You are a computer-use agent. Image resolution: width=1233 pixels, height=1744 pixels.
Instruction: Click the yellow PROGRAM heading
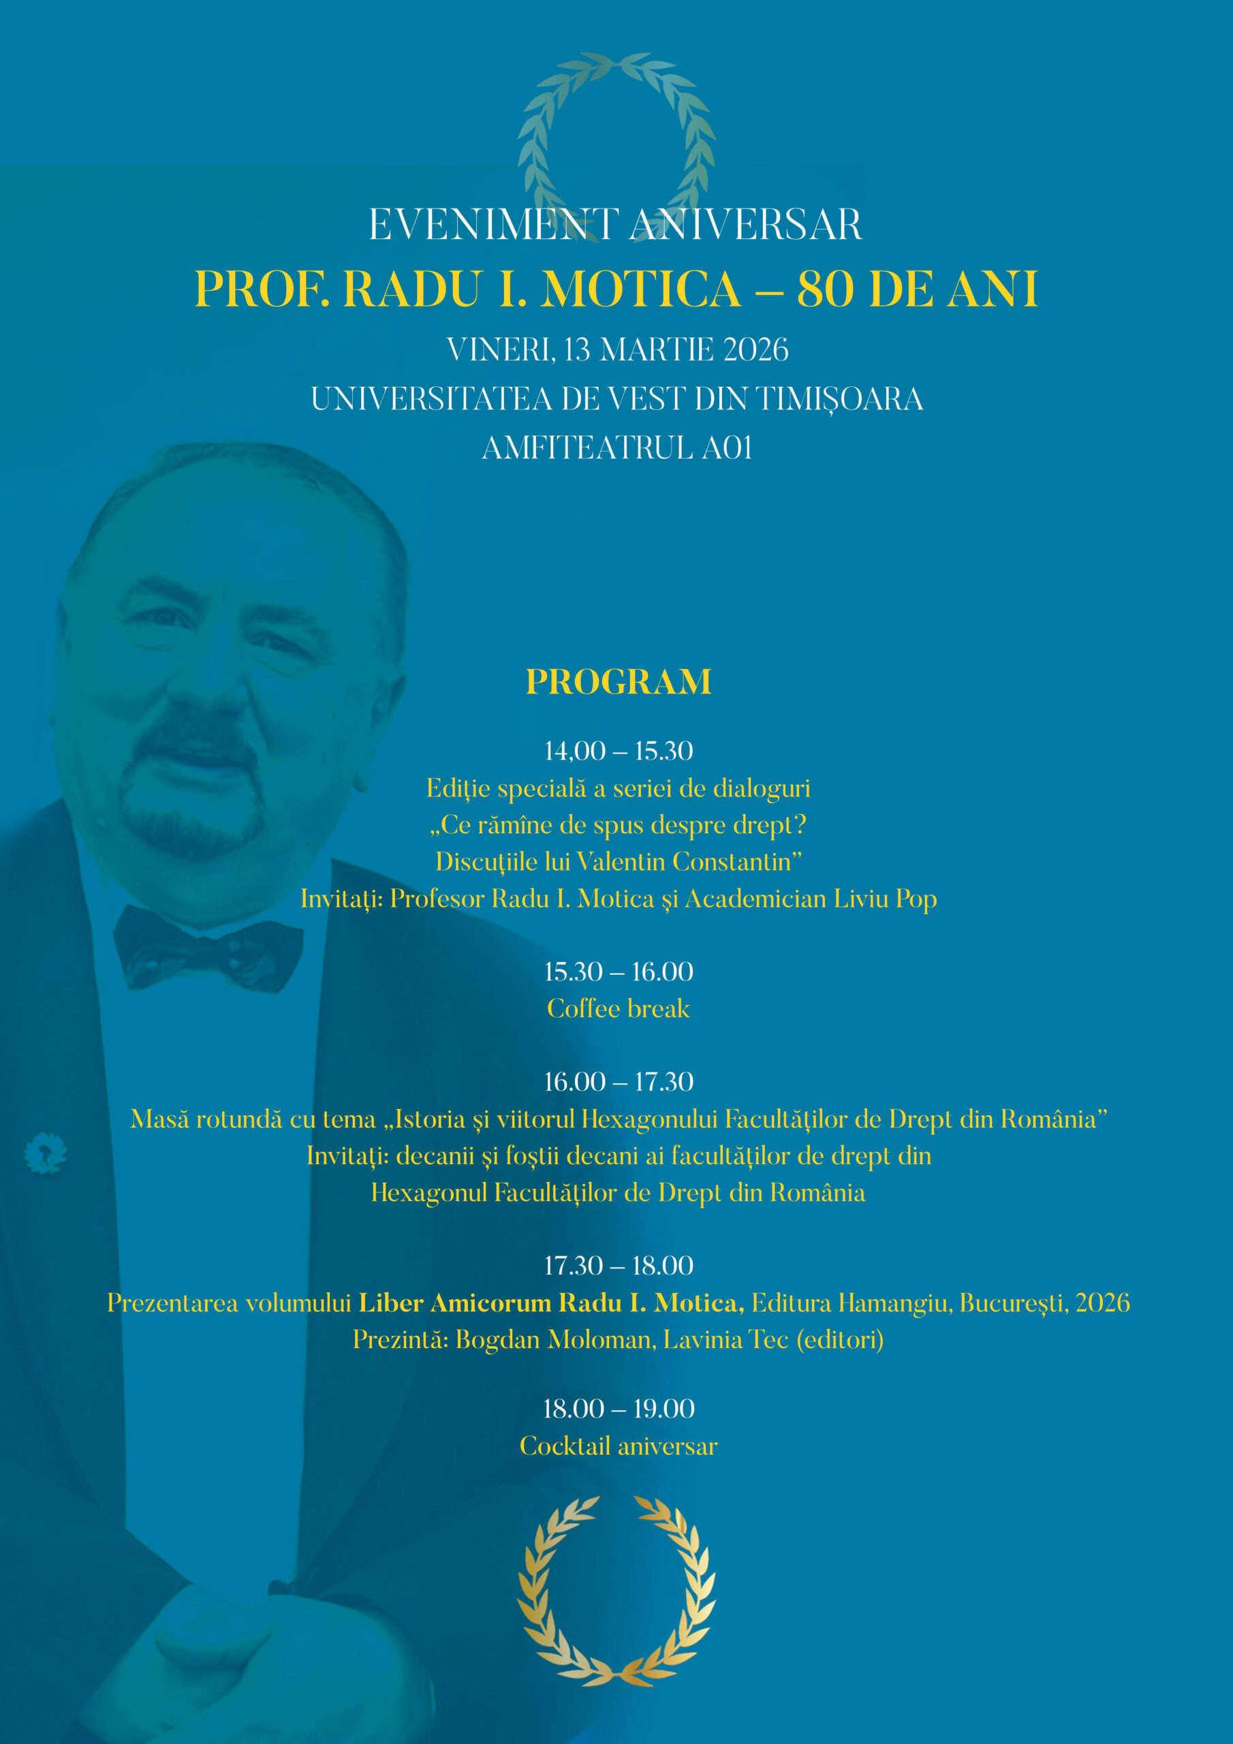click(619, 681)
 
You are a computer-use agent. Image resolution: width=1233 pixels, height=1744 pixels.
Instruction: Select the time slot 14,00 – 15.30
click(619, 751)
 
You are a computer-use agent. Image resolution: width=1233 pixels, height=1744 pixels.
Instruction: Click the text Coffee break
click(619, 1009)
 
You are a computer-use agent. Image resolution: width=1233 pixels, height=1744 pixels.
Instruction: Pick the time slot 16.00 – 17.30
click(619, 1082)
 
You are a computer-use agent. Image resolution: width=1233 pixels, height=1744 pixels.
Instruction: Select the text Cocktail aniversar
click(619, 1446)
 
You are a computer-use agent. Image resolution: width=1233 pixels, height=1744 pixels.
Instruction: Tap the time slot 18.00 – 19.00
click(619, 1409)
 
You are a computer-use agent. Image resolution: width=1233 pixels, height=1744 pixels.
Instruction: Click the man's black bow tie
click(208, 950)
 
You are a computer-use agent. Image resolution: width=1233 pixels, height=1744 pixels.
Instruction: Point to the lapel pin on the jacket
click(45, 1152)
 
